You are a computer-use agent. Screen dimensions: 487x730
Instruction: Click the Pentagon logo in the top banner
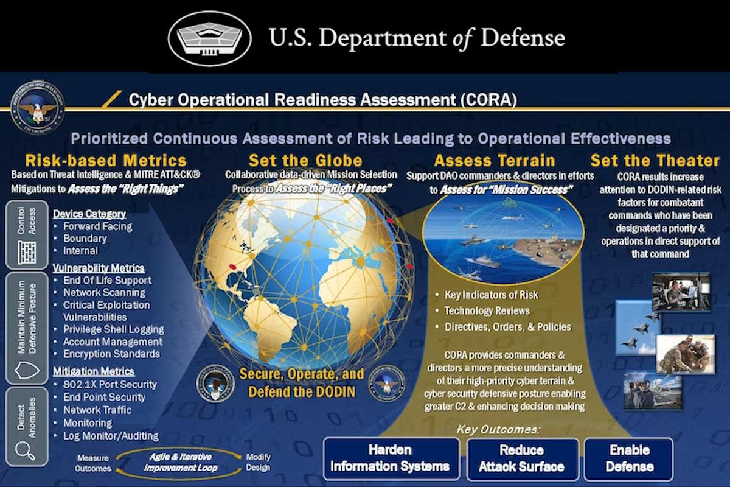click(209, 38)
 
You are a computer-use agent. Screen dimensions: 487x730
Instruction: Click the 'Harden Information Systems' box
click(391, 459)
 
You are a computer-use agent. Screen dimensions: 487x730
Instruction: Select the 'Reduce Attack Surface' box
click(521, 459)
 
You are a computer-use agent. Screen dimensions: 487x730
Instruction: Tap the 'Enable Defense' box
click(629, 459)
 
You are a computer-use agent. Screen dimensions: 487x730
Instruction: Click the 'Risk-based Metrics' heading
click(106, 161)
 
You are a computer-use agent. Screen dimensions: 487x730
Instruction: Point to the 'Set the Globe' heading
click(305, 161)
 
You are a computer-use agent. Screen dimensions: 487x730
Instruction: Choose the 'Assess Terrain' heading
click(495, 161)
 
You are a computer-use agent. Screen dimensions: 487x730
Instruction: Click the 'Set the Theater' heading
click(655, 161)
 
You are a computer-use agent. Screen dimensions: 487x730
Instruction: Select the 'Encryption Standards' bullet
click(111, 354)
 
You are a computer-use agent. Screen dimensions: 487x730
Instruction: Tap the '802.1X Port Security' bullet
click(110, 384)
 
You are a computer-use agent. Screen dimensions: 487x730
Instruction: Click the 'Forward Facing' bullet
click(97, 226)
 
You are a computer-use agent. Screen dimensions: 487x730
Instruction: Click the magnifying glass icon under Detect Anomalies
click(26, 450)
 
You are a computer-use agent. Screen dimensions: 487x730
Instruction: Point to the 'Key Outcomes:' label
click(498, 429)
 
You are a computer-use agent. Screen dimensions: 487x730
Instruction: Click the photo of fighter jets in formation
click(637, 327)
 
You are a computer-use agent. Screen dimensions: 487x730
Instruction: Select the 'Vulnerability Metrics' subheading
click(99, 268)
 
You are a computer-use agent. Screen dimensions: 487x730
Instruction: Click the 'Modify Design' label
click(258, 463)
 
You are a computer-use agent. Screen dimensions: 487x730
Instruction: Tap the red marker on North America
click(232, 267)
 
